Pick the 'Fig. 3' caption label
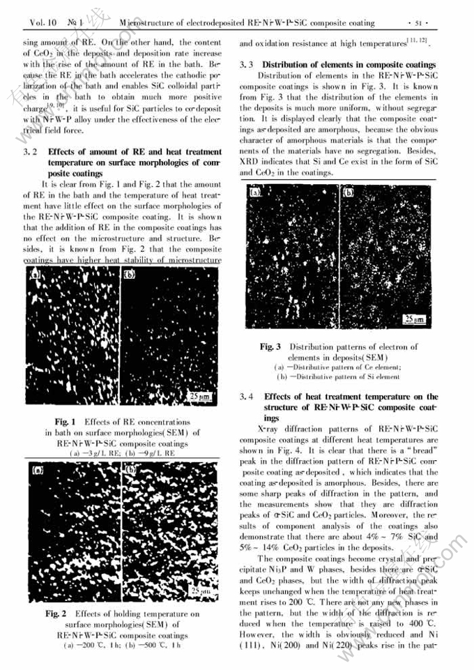click(x=270, y=347)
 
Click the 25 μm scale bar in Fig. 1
click(x=202, y=397)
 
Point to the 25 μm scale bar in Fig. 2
click(x=201, y=591)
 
